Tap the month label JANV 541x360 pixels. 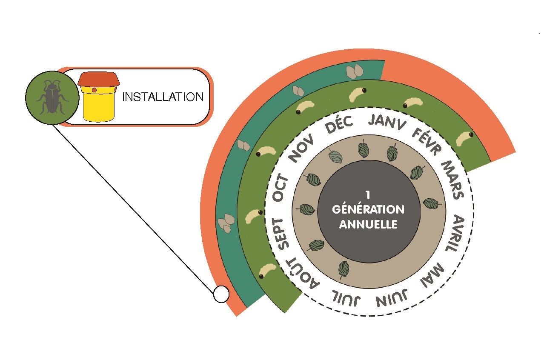click(x=387, y=123)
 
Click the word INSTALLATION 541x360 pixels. click(x=163, y=97)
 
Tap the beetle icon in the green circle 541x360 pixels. click(x=52, y=97)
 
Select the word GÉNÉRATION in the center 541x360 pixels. click(x=368, y=209)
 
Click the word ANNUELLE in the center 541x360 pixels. click(x=368, y=224)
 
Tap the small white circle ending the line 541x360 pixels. click(x=221, y=294)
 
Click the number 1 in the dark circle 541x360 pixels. click(x=368, y=195)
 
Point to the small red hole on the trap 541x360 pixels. click(x=94, y=90)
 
